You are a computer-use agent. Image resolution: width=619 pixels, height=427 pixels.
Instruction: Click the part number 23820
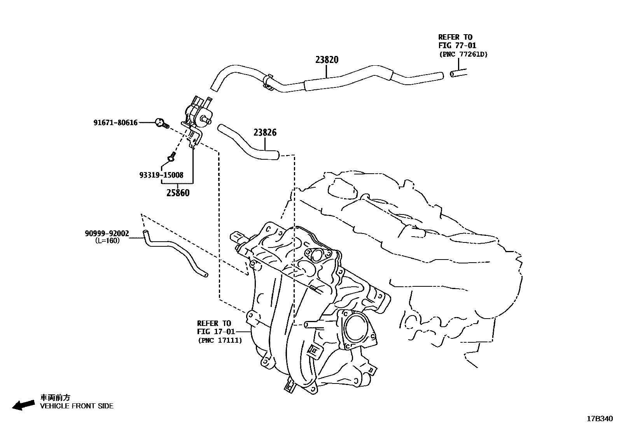[x=327, y=60]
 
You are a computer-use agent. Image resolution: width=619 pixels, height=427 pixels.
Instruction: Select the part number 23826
[x=265, y=132]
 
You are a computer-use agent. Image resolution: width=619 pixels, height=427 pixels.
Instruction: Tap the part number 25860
[x=178, y=192]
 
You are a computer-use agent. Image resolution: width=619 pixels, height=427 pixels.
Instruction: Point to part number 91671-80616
[x=115, y=123]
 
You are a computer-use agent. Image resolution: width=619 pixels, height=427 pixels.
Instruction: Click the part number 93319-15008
[x=161, y=175]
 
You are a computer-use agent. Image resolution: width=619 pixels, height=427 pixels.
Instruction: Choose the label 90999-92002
[x=107, y=234]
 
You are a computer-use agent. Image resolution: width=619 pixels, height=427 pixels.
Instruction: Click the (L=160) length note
[x=107, y=241]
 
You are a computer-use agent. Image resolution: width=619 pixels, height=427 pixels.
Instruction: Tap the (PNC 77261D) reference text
[x=463, y=54]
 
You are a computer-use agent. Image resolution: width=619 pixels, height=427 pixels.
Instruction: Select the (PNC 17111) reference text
[x=220, y=340]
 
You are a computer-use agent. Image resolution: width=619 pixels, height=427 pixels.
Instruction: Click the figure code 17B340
[x=600, y=419]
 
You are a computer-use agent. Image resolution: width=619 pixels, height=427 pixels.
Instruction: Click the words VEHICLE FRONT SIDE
[x=77, y=406]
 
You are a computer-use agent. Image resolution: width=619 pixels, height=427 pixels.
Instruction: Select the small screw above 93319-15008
[x=170, y=157]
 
